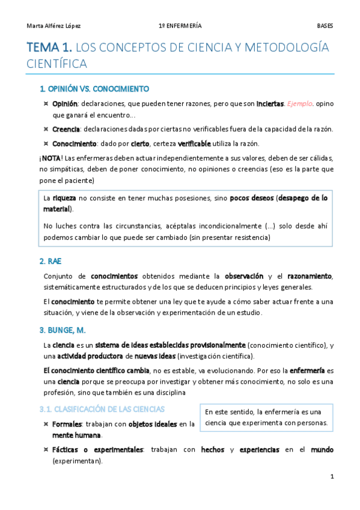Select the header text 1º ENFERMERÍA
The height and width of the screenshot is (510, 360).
pyautogui.click(x=180, y=26)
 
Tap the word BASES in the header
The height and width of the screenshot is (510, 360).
pyautogui.click(x=325, y=26)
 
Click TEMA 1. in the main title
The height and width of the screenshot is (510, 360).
pyautogui.click(x=50, y=47)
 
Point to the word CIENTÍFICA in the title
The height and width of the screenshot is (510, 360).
pyautogui.click(x=58, y=63)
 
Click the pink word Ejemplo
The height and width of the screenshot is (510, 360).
pyautogui.click(x=299, y=103)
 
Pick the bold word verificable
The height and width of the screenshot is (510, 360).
pyautogui.click(x=194, y=144)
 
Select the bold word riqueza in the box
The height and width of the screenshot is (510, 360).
pyautogui.click(x=64, y=198)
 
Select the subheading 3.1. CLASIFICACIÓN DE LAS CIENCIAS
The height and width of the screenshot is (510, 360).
pyautogui.click(x=102, y=410)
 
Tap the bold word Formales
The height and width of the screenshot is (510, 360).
pyautogui.click(x=68, y=424)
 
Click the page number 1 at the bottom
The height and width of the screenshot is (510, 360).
pyautogui.click(x=332, y=476)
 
